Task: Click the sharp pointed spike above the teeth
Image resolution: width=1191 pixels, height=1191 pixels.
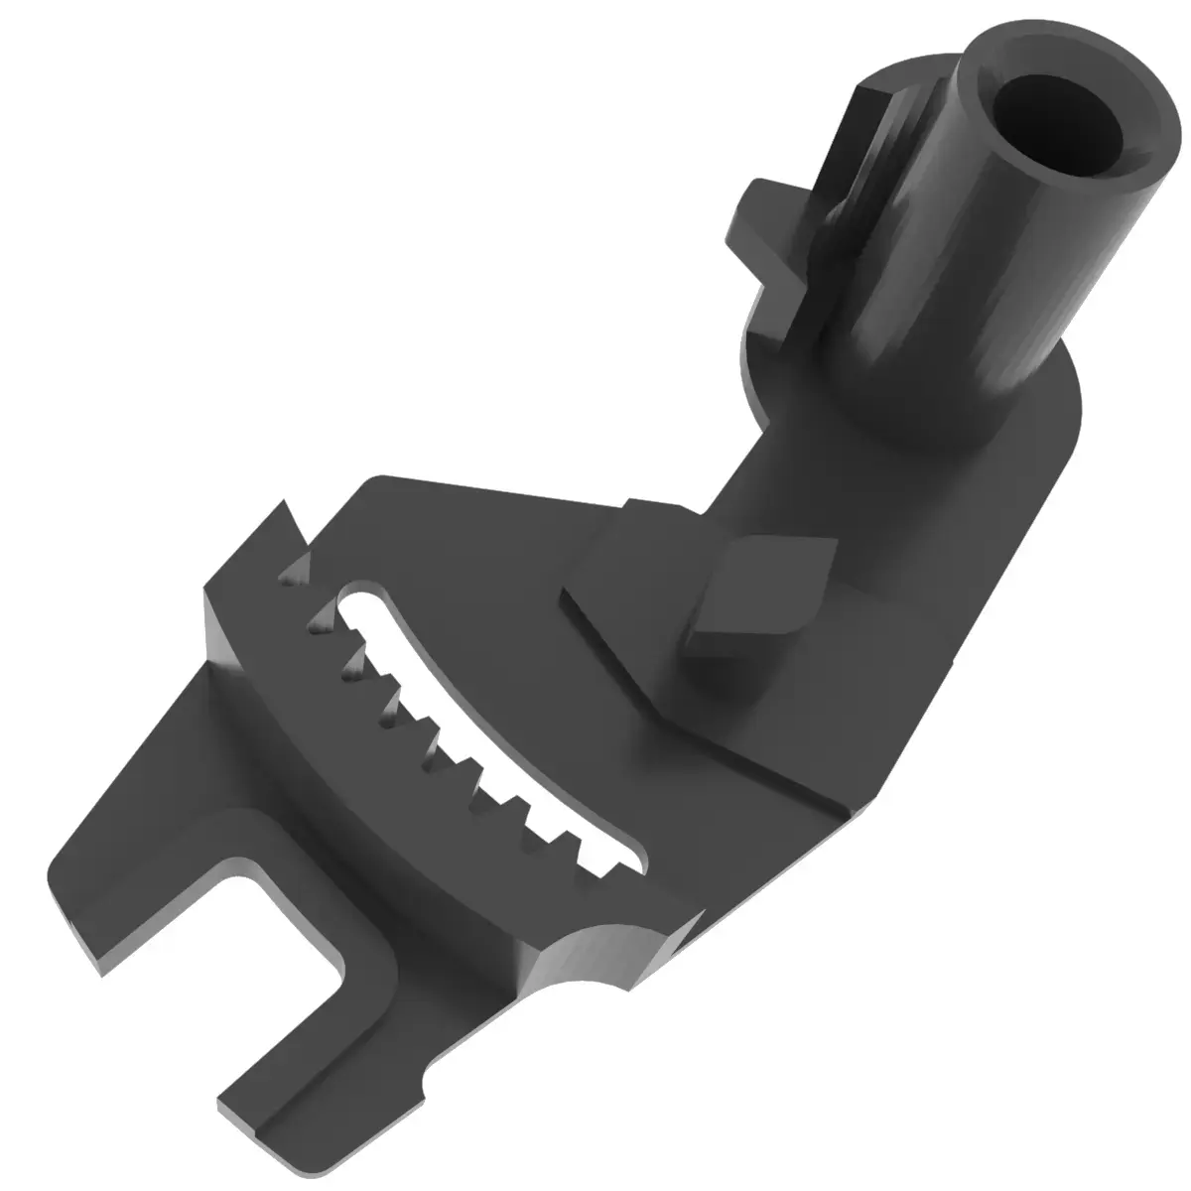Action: pyautogui.click(x=291, y=521)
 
